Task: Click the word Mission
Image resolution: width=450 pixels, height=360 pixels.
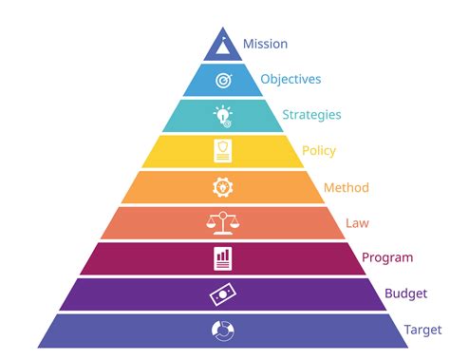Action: (265, 44)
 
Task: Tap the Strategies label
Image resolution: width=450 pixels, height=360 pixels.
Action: (311, 115)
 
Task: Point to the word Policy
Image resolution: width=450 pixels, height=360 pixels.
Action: (318, 150)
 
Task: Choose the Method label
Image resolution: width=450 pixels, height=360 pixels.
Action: (346, 187)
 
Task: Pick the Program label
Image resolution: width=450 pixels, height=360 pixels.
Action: (387, 257)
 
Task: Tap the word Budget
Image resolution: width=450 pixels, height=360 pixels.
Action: (405, 294)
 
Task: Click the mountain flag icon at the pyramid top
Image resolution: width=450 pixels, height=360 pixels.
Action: (223, 45)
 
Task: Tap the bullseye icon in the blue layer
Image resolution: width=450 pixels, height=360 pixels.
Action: (223, 81)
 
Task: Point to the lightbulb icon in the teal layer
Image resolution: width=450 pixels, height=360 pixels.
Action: (223, 116)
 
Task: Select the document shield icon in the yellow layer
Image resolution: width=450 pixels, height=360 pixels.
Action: (223, 151)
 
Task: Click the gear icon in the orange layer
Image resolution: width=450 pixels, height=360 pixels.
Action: (223, 187)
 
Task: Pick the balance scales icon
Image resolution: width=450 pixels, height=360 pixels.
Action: (223, 222)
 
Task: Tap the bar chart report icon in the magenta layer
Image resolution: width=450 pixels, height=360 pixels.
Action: (223, 257)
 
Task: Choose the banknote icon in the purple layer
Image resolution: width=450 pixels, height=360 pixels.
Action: (223, 294)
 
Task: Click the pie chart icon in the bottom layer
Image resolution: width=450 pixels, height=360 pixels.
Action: (223, 330)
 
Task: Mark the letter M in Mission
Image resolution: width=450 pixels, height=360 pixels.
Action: (248, 44)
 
